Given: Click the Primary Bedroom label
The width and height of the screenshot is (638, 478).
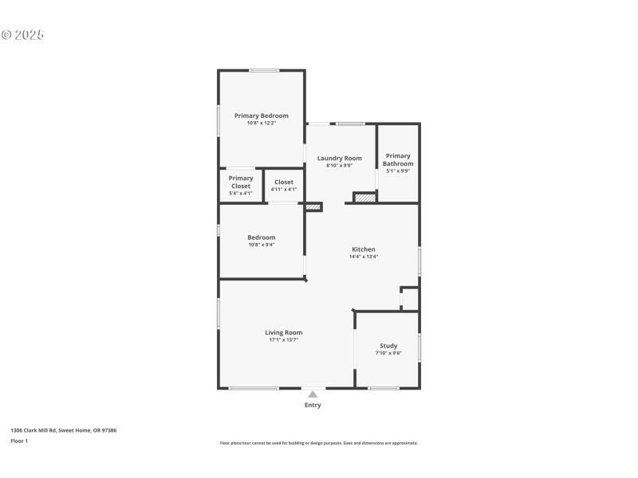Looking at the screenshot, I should click(x=261, y=116).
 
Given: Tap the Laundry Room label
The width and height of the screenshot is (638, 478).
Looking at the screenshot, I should click(x=339, y=158).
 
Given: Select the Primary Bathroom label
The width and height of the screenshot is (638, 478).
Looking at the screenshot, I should click(x=397, y=159).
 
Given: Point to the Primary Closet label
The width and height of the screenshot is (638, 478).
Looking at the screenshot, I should click(x=240, y=182).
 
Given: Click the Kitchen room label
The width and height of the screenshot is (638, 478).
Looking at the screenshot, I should click(x=363, y=249).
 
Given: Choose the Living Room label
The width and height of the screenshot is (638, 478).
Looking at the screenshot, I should click(x=283, y=332).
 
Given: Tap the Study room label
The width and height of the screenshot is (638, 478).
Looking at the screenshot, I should click(x=388, y=346).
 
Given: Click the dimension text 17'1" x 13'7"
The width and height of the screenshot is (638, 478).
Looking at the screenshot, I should click(x=283, y=340).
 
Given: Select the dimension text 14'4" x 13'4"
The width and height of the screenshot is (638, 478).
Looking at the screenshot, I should click(x=363, y=257).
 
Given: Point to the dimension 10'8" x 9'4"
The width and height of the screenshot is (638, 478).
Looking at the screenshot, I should click(x=261, y=245).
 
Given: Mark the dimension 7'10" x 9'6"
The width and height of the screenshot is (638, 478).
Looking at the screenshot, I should click(x=388, y=353).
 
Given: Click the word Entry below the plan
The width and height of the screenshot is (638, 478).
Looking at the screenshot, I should click(x=313, y=406).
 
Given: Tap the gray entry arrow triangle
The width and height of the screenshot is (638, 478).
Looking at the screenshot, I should click(x=313, y=394).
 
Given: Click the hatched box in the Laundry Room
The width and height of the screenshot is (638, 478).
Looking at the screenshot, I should click(x=364, y=197).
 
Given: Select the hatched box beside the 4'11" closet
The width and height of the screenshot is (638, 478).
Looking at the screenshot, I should click(x=313, y=207).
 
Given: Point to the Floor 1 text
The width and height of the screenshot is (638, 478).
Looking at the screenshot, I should click(x=19, y=441).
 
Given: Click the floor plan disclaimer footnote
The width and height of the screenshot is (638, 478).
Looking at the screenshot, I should click(x=318, y=443).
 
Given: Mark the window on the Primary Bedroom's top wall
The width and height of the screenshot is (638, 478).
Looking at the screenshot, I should click(x=264, y=71).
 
